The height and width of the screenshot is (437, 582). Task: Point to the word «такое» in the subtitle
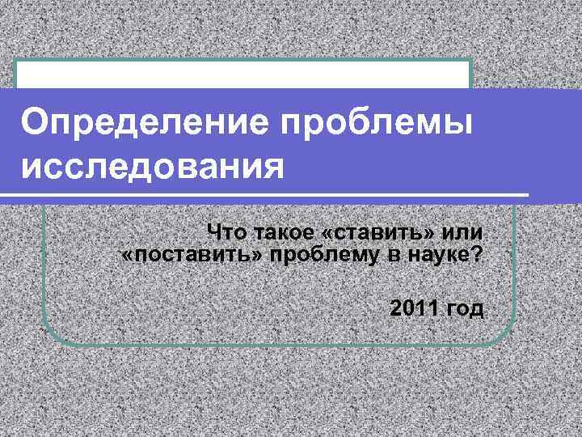coord(282,233)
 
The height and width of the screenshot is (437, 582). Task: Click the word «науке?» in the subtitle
coord(447,257)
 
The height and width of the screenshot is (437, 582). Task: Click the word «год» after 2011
coord(466,309)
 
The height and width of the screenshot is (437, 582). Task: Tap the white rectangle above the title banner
coord(243,74)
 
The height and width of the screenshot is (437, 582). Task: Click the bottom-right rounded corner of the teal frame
coord(506,334)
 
